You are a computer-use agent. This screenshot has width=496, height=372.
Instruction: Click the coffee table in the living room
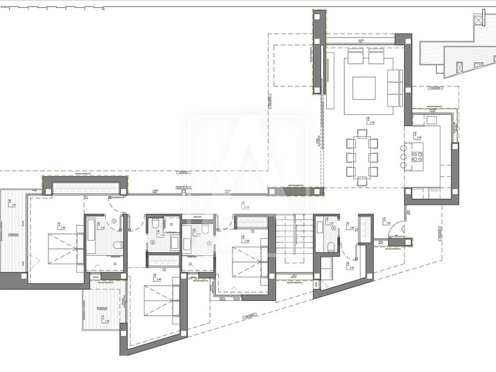pos(363,87)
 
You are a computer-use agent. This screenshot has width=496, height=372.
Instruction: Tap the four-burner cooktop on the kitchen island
pos(417,156)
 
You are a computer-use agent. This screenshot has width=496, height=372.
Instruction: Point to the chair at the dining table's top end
pos(362,134)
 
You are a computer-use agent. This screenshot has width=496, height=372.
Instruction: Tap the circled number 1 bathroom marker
pos(114,221)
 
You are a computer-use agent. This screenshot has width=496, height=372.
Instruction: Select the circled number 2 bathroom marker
pos(153,242)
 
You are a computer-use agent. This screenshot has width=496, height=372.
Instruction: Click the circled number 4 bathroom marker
pos(333,227)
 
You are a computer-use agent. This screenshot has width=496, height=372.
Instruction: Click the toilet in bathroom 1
pos(116,245)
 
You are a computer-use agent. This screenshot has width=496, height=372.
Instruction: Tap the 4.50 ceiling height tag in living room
pos(371,121)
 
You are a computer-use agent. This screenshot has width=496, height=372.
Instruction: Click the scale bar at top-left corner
pos(52,8)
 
